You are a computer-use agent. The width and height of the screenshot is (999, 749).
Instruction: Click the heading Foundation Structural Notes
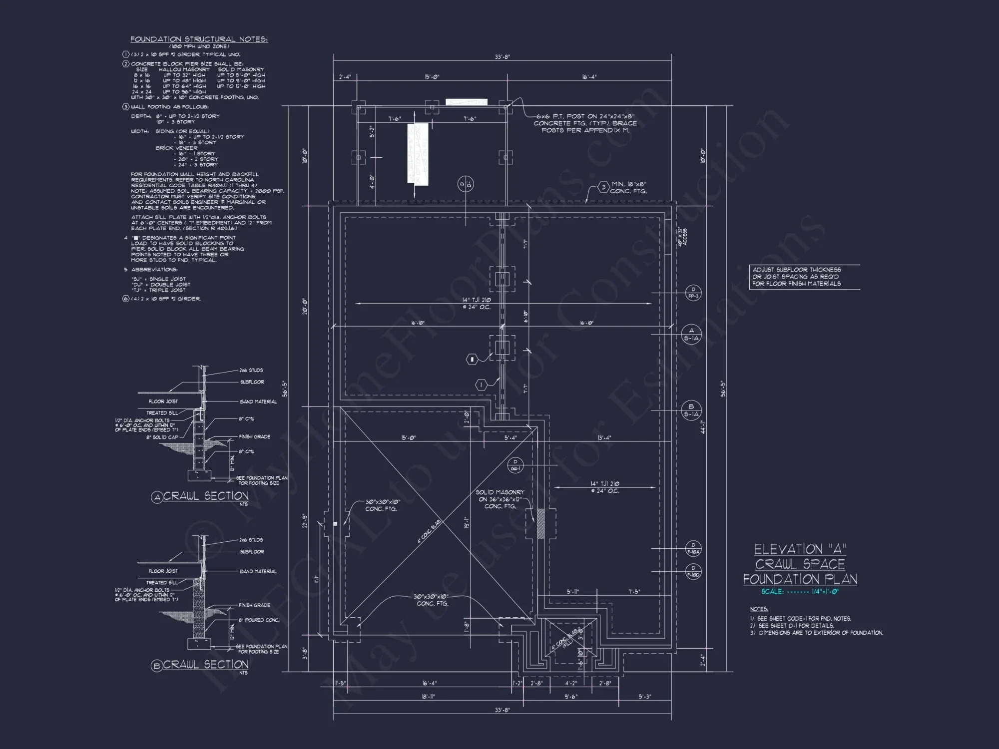[199, 39]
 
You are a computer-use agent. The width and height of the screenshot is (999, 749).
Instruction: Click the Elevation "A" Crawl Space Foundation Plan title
[800, 564]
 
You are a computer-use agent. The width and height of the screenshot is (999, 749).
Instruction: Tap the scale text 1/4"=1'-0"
[825, 592]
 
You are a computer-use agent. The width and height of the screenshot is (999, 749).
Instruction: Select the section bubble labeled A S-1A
[691, 334]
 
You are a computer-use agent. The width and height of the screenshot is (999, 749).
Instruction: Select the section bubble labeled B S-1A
[691, 410]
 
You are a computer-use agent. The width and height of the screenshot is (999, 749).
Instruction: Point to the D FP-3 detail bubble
[693, 293]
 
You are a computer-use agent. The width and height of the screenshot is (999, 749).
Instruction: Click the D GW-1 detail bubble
[515, 465]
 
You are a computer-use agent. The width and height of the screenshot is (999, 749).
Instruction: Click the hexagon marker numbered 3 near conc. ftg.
[603, 187]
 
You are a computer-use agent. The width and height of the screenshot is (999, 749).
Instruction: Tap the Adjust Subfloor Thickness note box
[804, 277]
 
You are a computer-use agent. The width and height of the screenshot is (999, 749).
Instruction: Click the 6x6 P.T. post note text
[584, 123]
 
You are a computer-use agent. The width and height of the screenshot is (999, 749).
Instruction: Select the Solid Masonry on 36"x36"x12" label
[499, 499]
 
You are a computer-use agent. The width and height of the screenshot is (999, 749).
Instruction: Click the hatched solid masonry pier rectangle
[540, 524]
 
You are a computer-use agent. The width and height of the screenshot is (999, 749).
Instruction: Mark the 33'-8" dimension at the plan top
[502, 57]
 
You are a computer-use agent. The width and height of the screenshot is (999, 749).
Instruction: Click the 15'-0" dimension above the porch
[432, 77]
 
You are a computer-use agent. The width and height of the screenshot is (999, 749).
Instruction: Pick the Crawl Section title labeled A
[200, 496]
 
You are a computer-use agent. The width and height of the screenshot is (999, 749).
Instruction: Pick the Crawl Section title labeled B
[200, 665]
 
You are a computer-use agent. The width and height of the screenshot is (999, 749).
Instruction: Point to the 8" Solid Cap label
[162, 437]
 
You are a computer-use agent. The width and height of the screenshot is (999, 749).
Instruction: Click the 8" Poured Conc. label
[259, 620]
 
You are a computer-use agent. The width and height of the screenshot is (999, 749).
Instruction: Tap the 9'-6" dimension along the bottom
[570, 696]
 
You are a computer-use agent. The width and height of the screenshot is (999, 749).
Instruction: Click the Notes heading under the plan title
[759, 609]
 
